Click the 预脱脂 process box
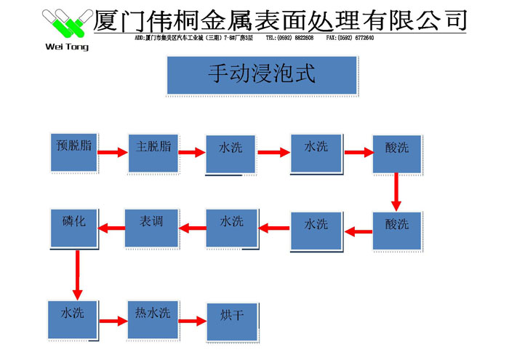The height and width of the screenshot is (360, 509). click(73, 152)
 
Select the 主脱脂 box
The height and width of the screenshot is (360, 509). click(153, 152)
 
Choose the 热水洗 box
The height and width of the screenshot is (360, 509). click(152, 318)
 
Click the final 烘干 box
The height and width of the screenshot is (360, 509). click(231, 319)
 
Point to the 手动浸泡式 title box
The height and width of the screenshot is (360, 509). click(262, 76)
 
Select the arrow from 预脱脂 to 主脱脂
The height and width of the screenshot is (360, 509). click(112, 153)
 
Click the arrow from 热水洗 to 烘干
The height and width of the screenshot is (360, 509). click(193, 320)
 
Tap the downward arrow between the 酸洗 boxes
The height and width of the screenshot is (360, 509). click(396, 191)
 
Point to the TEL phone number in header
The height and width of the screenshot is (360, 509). click(289, 38)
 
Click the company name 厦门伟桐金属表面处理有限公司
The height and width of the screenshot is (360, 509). click(280, 19)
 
